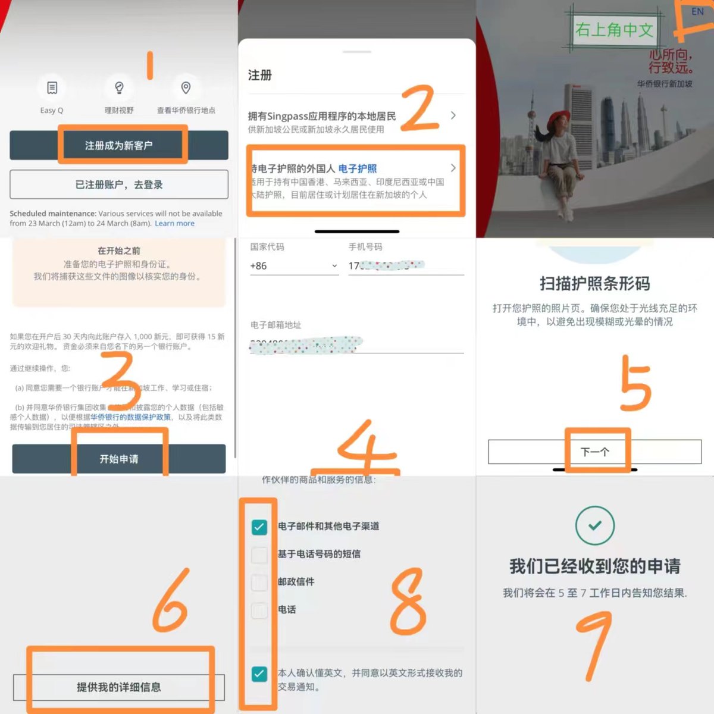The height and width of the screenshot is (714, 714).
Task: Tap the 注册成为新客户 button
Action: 119,145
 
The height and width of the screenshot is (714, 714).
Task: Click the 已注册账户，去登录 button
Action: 119,184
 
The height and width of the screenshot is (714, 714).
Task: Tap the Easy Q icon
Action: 52,88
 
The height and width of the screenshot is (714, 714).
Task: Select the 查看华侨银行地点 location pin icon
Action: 186,88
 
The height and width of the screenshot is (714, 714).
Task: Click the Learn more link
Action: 174,224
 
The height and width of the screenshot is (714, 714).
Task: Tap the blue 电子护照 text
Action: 357,169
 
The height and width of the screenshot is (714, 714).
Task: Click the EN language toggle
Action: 697,11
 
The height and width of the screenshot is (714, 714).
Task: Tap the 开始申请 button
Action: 119,459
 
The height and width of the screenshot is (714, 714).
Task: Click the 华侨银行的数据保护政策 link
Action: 130,417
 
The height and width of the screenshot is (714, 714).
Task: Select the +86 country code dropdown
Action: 293,266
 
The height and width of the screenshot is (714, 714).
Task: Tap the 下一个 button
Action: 594,452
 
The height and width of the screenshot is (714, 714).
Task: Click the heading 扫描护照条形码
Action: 594,284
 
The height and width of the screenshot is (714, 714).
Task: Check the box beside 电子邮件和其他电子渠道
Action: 259,527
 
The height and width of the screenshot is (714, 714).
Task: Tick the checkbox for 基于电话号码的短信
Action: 259,555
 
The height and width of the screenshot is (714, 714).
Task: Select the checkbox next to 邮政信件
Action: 259,583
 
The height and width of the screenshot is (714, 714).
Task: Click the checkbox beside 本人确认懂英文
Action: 259,674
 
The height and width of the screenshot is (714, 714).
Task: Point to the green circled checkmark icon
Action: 594,525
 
